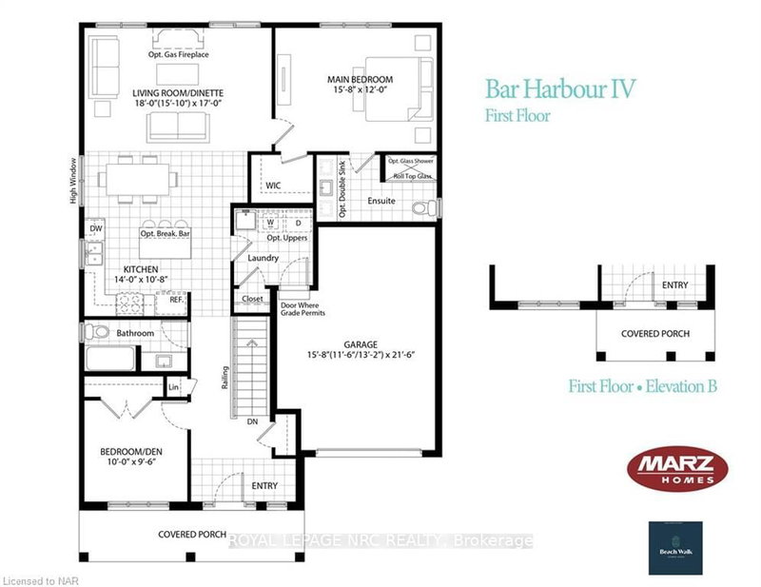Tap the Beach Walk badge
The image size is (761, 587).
(676, 549)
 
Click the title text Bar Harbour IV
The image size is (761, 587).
(560, 89)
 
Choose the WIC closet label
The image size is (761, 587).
(273, 184)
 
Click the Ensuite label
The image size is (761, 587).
(382, 201)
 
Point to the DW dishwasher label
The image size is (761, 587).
(95, 228)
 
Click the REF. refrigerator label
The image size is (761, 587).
(176, 299)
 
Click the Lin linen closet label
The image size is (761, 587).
(173, 387)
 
